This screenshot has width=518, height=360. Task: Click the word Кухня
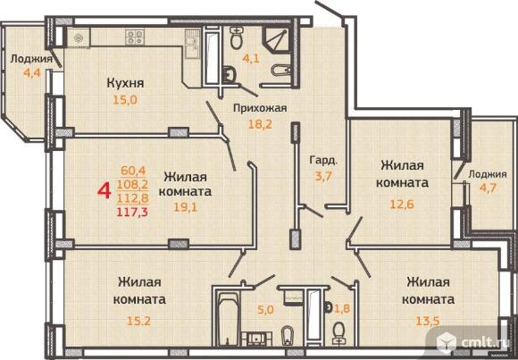click(x=126, y=83)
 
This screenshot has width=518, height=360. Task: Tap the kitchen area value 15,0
click(x=125, y=100)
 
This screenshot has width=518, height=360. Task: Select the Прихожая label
click(x=260, y=108)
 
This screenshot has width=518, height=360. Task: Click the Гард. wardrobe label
click(x=323, y=161)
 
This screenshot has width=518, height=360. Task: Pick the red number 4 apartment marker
click(x=104, y=191)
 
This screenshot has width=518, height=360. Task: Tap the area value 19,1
click(x=185, y=207)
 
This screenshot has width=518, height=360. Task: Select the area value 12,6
click(x=402, y=204)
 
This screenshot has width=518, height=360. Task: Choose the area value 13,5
click(x=428, y=321)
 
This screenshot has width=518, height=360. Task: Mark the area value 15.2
click(x=138, y=321)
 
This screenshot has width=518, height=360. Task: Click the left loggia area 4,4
click(x=32, y=72)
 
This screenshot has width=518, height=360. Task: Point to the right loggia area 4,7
click(x=489, y=188)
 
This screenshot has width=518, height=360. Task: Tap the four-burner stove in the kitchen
click(x=135, y=37)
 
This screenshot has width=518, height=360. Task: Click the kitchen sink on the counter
click(x=192, y=43)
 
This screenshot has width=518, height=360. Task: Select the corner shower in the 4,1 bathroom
click(x=277, y=39)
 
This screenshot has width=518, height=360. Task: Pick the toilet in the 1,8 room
click(x=338, y=333)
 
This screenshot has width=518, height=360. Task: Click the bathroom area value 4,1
click(x=251, y=59)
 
